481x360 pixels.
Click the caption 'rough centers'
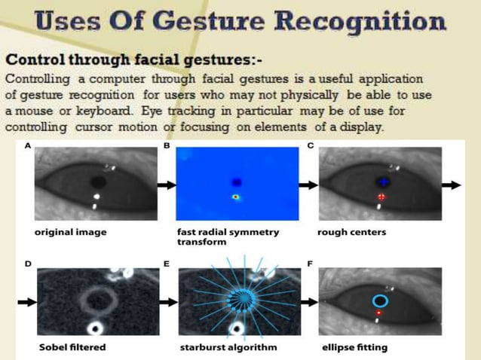[x=352, y=232]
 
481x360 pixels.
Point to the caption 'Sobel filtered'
[x=72, y=347]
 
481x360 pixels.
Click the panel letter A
[x=28, y=145]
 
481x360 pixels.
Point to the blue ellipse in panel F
[x=381, y=301]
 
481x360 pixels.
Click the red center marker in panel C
[x=381, y=197]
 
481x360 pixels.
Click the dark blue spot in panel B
[x=237, y=182]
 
